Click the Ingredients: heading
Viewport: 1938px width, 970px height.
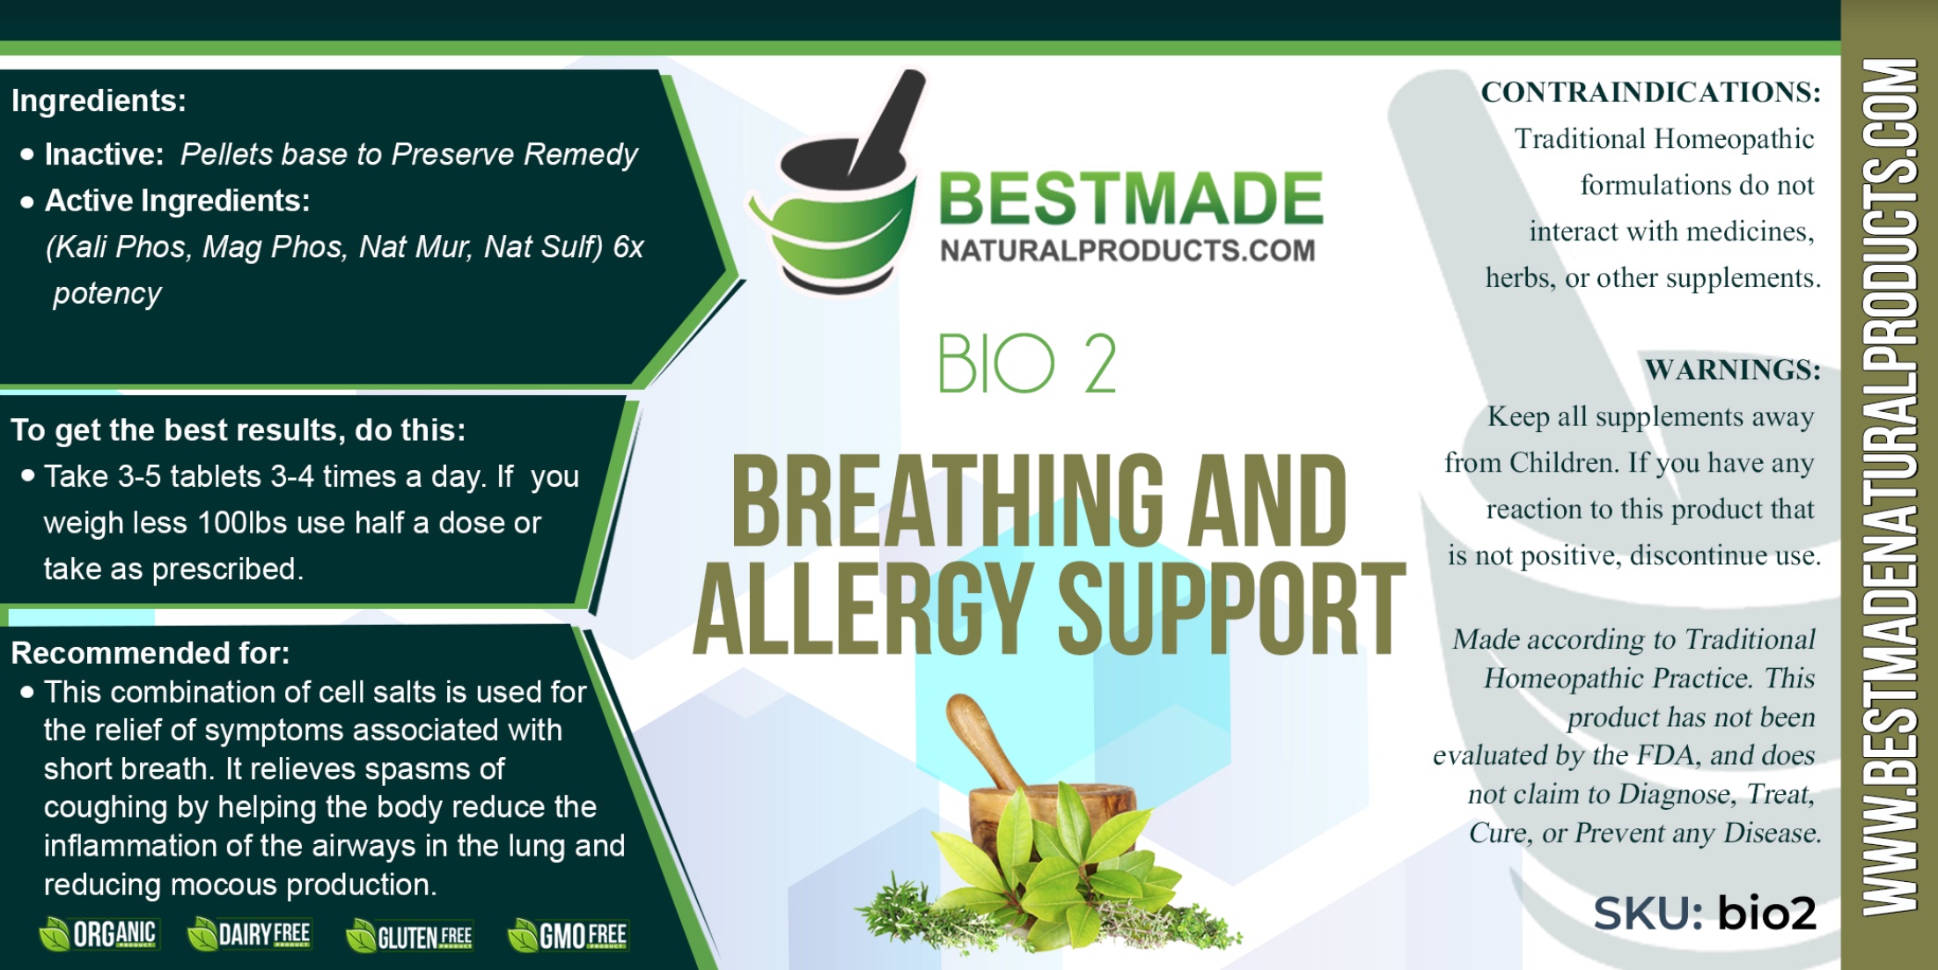click(99, 101)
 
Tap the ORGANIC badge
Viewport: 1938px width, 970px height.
click(99, 934)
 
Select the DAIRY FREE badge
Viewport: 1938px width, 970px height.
click(249, 934)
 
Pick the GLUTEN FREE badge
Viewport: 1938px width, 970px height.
click(409, 936)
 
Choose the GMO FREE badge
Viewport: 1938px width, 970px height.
click(568, 935)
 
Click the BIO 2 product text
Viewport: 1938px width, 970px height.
click(1026, 363)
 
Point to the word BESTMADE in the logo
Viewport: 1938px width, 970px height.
click(1131, 199)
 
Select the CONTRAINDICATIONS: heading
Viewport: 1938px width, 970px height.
click(1650, 92)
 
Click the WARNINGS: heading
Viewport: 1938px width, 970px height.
click(1732, 370)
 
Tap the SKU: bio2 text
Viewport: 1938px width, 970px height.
click(1705, 913)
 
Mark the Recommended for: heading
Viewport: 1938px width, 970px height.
click(150, 653)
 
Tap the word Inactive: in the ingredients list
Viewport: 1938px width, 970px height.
click(105, 155)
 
